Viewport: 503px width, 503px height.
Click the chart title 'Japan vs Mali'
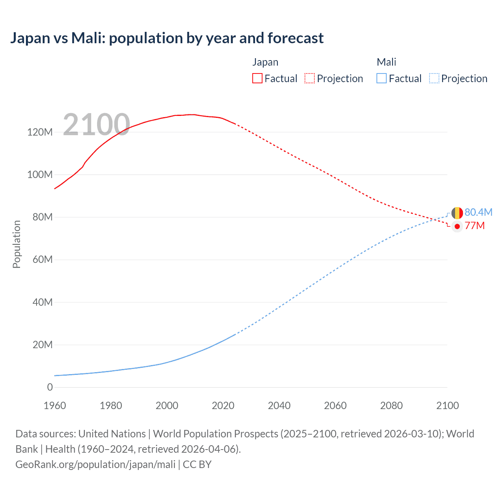pos(167,38)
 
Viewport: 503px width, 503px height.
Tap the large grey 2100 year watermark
pos(96,125)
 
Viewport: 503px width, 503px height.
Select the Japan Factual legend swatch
pos(257,78)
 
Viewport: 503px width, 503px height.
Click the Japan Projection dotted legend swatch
pos(310,78)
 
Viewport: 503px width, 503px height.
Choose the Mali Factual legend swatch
pos(381,78)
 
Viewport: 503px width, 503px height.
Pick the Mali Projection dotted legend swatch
pos(434,78)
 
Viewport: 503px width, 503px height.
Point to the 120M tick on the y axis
pos(40,132)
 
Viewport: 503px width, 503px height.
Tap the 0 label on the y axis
pos(50,387)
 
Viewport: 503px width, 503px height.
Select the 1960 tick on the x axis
pos(55,406)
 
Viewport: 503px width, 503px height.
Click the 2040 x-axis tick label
pos(279,406)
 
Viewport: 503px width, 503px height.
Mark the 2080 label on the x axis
pos(391,406)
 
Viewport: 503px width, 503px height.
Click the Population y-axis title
pos(17,244)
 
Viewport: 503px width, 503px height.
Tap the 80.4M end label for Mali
pos(478,212)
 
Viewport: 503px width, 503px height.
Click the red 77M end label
pos(475,226)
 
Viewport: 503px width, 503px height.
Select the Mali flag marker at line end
pos(457,213)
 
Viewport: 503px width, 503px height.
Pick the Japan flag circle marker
pos(457,226)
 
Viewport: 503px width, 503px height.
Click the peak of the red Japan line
pos(191,114)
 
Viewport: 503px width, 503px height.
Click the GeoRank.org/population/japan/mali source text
pos(95,464)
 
